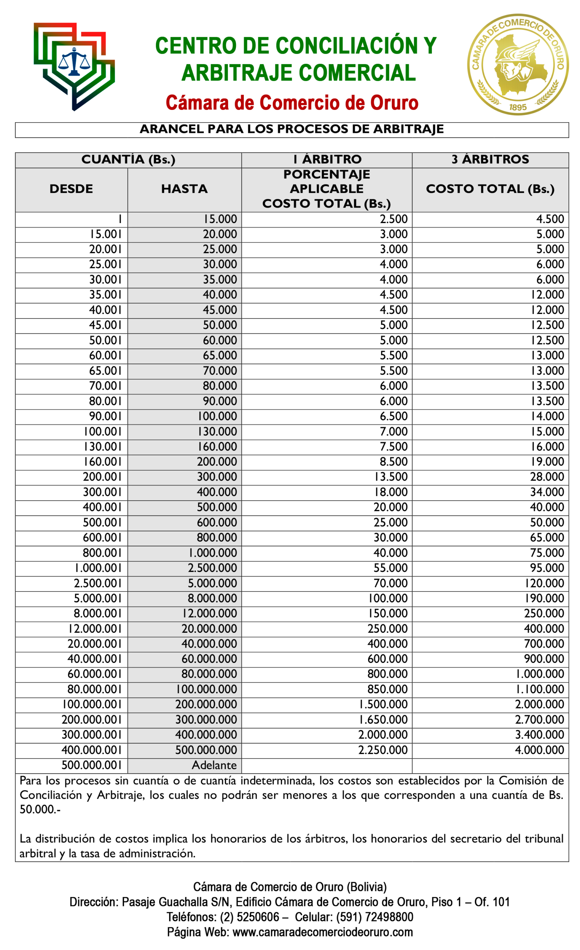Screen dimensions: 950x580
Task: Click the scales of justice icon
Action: click(x=73, y=62)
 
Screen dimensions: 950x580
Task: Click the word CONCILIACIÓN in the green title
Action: click(x=347, y=46)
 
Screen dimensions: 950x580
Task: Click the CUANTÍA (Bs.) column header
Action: click(x=128, y=160)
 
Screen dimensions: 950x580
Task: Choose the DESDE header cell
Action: click(x=71, y=189)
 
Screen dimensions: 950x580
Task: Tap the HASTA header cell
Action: click(x=184, y=189)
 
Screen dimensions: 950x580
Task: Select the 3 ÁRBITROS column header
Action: click(x=490, y=160)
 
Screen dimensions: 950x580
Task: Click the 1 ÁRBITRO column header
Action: click(x=327, y=160)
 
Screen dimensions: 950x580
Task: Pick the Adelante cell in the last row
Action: click(x=214, y=765)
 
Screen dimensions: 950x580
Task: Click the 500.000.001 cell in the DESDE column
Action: click(x=91, y=765)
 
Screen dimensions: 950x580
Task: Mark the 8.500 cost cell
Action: click(x=393, y=462)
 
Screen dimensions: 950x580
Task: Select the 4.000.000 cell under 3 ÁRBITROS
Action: click(x=539, y=750)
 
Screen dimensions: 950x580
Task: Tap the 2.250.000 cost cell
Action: click(x=383, y=750)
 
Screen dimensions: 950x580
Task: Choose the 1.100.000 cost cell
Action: click(x=540, y=689)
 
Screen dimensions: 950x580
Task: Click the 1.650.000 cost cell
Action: click(x=383, y=720)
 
